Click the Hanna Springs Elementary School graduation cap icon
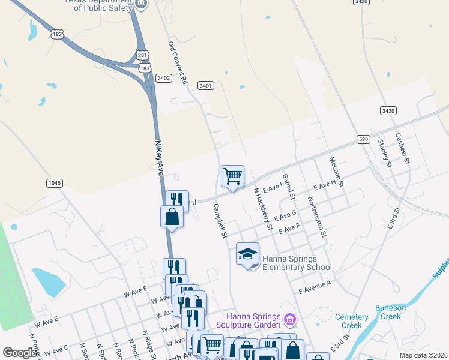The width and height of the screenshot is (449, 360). pos(247,254)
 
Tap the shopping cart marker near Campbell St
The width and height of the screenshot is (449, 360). pos(232,176)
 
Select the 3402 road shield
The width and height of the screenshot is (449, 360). pos(163,78)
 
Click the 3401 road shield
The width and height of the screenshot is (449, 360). pos(206,86)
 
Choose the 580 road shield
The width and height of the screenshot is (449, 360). pos(363,139)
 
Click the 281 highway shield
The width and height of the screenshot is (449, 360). pos(142,55)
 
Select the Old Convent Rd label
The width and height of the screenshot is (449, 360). pos(178,62)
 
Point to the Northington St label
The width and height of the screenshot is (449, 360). pos(316,217)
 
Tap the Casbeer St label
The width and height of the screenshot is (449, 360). pos(402,148)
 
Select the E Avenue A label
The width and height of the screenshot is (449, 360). pos(315,286)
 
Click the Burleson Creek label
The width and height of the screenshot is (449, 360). pos(391,312)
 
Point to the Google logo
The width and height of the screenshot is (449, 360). pos(20,352)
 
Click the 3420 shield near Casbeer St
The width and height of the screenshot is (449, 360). pos(388,110)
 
